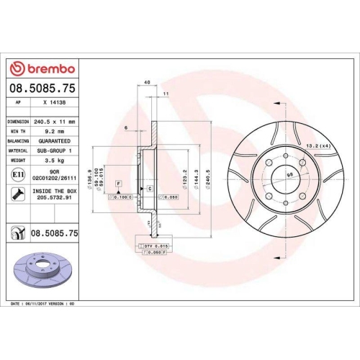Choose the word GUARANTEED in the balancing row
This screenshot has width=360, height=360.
(56, 141)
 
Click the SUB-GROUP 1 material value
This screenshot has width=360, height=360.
(56, 150)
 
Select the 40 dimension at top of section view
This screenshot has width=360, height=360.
(147, 83)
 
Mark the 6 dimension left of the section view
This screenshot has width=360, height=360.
(125, 127)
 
